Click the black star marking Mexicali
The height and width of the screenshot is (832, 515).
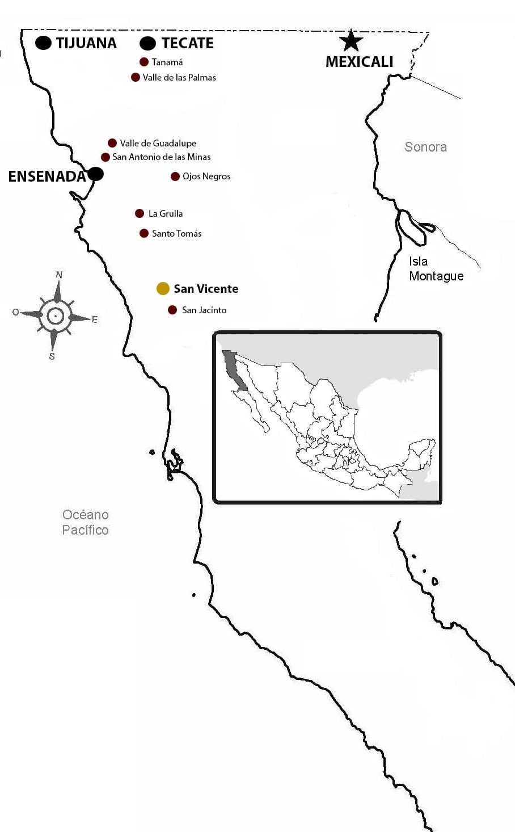[351, 41]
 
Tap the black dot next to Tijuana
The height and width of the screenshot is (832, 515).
[44, 43]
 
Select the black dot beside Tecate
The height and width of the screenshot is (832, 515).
[147, 43]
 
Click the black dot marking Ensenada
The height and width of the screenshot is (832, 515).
[95, 174]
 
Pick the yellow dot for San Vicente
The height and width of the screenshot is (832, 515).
[163, 288]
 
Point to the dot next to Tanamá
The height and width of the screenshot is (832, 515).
[144, 62]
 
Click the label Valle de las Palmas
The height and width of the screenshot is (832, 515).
[179, 77]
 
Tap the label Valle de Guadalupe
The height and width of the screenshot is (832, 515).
[158, 143]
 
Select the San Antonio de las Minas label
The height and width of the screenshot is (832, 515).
[161, 157]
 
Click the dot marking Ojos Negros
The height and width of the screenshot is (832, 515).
[175, 177]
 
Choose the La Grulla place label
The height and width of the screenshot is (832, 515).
[165, 213]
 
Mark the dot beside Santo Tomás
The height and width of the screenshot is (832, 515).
[144, 233]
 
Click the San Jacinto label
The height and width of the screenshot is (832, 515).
[204, 310]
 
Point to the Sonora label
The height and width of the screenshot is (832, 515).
[425, 147]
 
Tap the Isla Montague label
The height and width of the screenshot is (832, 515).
[436, 268]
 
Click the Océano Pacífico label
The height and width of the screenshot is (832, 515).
[85, 522]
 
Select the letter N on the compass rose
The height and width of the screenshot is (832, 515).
[59, 275]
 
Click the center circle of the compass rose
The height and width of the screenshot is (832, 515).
[55, 316]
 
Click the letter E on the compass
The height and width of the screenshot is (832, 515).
[94, 320]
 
